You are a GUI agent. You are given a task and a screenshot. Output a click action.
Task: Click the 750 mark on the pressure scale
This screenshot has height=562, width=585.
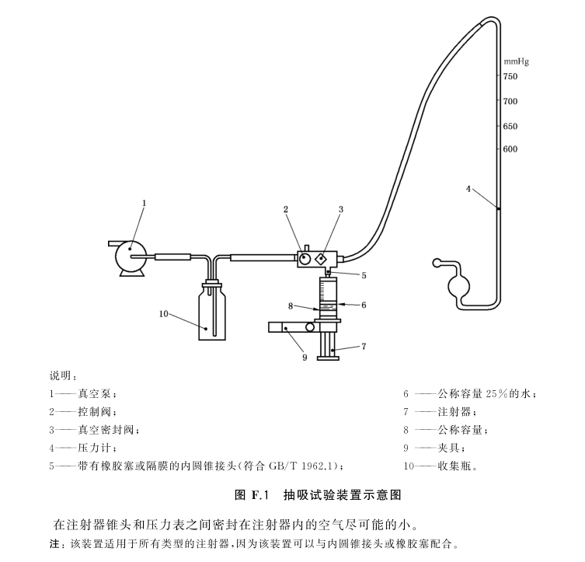(x=510, y=77)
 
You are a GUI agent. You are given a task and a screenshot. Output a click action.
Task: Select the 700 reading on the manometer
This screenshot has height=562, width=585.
(x=510, y=101)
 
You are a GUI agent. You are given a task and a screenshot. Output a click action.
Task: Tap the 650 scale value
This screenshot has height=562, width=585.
(x=510, y=126)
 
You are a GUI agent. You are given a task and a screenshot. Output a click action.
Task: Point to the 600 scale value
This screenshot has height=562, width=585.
(x=510, y=149)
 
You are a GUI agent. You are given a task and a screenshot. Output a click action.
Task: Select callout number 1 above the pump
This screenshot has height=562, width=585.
(x=144, y=203)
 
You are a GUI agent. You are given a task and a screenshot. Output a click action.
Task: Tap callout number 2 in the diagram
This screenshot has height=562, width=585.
(x=286, y=209)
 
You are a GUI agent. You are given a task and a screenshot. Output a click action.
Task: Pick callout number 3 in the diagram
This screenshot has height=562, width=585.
(x=340, y=209)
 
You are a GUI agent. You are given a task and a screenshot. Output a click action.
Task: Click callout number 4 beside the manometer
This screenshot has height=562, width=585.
(x=468, y=188)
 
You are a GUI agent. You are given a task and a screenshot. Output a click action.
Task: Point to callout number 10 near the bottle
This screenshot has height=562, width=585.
(x=163, y=314)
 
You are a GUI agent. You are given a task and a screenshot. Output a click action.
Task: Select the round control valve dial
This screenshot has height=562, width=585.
(x=305, y=257)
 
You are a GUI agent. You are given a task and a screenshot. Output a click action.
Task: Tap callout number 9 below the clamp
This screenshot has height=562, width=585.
(x=305, y=358)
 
